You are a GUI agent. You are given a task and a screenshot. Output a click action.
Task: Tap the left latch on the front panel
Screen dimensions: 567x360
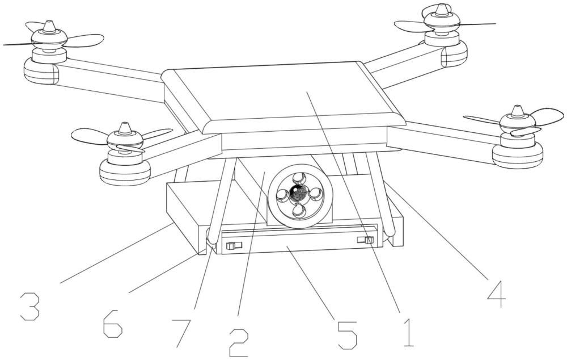click(x=232, y=245)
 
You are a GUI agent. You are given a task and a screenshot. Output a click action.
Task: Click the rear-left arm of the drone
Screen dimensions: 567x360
click(x=108, y=79)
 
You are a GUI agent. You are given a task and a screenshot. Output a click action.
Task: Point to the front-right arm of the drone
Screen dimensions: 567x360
click(x=442, y=139)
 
